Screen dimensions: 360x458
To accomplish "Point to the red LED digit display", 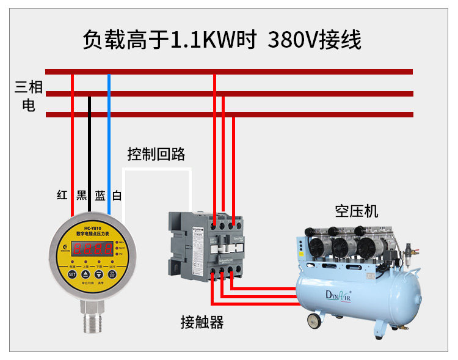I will (x=92, y=248).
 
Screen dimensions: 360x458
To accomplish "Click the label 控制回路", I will (x=156, y=154).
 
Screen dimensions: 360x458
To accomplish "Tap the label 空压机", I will (x=356, y=211).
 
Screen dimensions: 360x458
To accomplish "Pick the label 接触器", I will (x=202, y=322).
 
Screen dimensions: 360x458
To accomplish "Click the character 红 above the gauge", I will (x=62, y=196).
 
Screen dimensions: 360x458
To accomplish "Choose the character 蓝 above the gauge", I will (x=100, y=196).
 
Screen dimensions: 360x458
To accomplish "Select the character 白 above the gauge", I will (x=117, y=196).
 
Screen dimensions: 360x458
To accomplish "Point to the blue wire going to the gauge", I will (x=109, y=147).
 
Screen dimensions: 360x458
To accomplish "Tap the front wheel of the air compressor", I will (x=314, y=320).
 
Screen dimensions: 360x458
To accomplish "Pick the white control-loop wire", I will (x=158, y=169).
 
